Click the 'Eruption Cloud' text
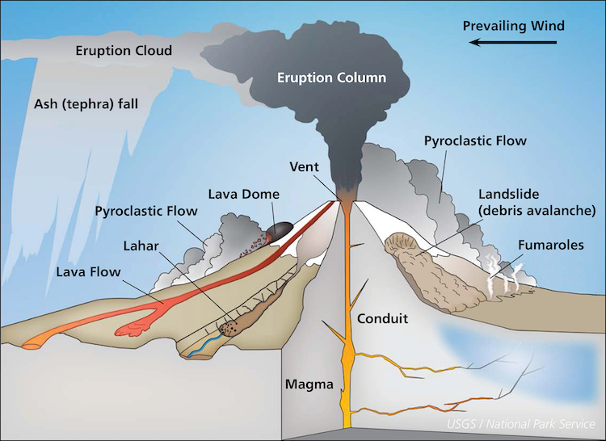coord(124,51)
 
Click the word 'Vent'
coord(305,167)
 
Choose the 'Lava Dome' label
coord(243,194)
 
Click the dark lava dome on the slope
coord(281,230)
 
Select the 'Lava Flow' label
coord(88,272)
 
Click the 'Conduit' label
coord(382,318)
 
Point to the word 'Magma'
coord(309,384)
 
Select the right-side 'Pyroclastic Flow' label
coord(475,141)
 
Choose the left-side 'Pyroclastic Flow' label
coord(146,212)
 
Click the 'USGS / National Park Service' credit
coord(521,423)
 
